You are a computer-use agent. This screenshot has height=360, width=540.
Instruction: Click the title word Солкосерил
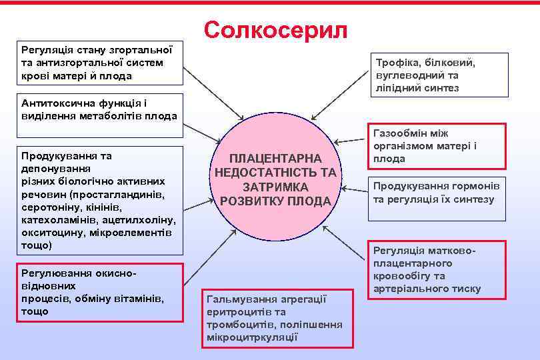pyautogui.click(x=276, y=29)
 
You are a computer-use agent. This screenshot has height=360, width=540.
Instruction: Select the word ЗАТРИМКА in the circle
pyautogui.click(x=276, y=187)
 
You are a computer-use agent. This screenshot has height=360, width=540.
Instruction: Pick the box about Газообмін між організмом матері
pyautogui.click(x=438, y=146)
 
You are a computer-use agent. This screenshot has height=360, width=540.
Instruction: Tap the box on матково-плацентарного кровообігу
pyautogui.click(x=438, y=269)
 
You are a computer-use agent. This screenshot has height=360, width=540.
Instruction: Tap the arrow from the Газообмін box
pyautogui.click(x=351, y=140)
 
